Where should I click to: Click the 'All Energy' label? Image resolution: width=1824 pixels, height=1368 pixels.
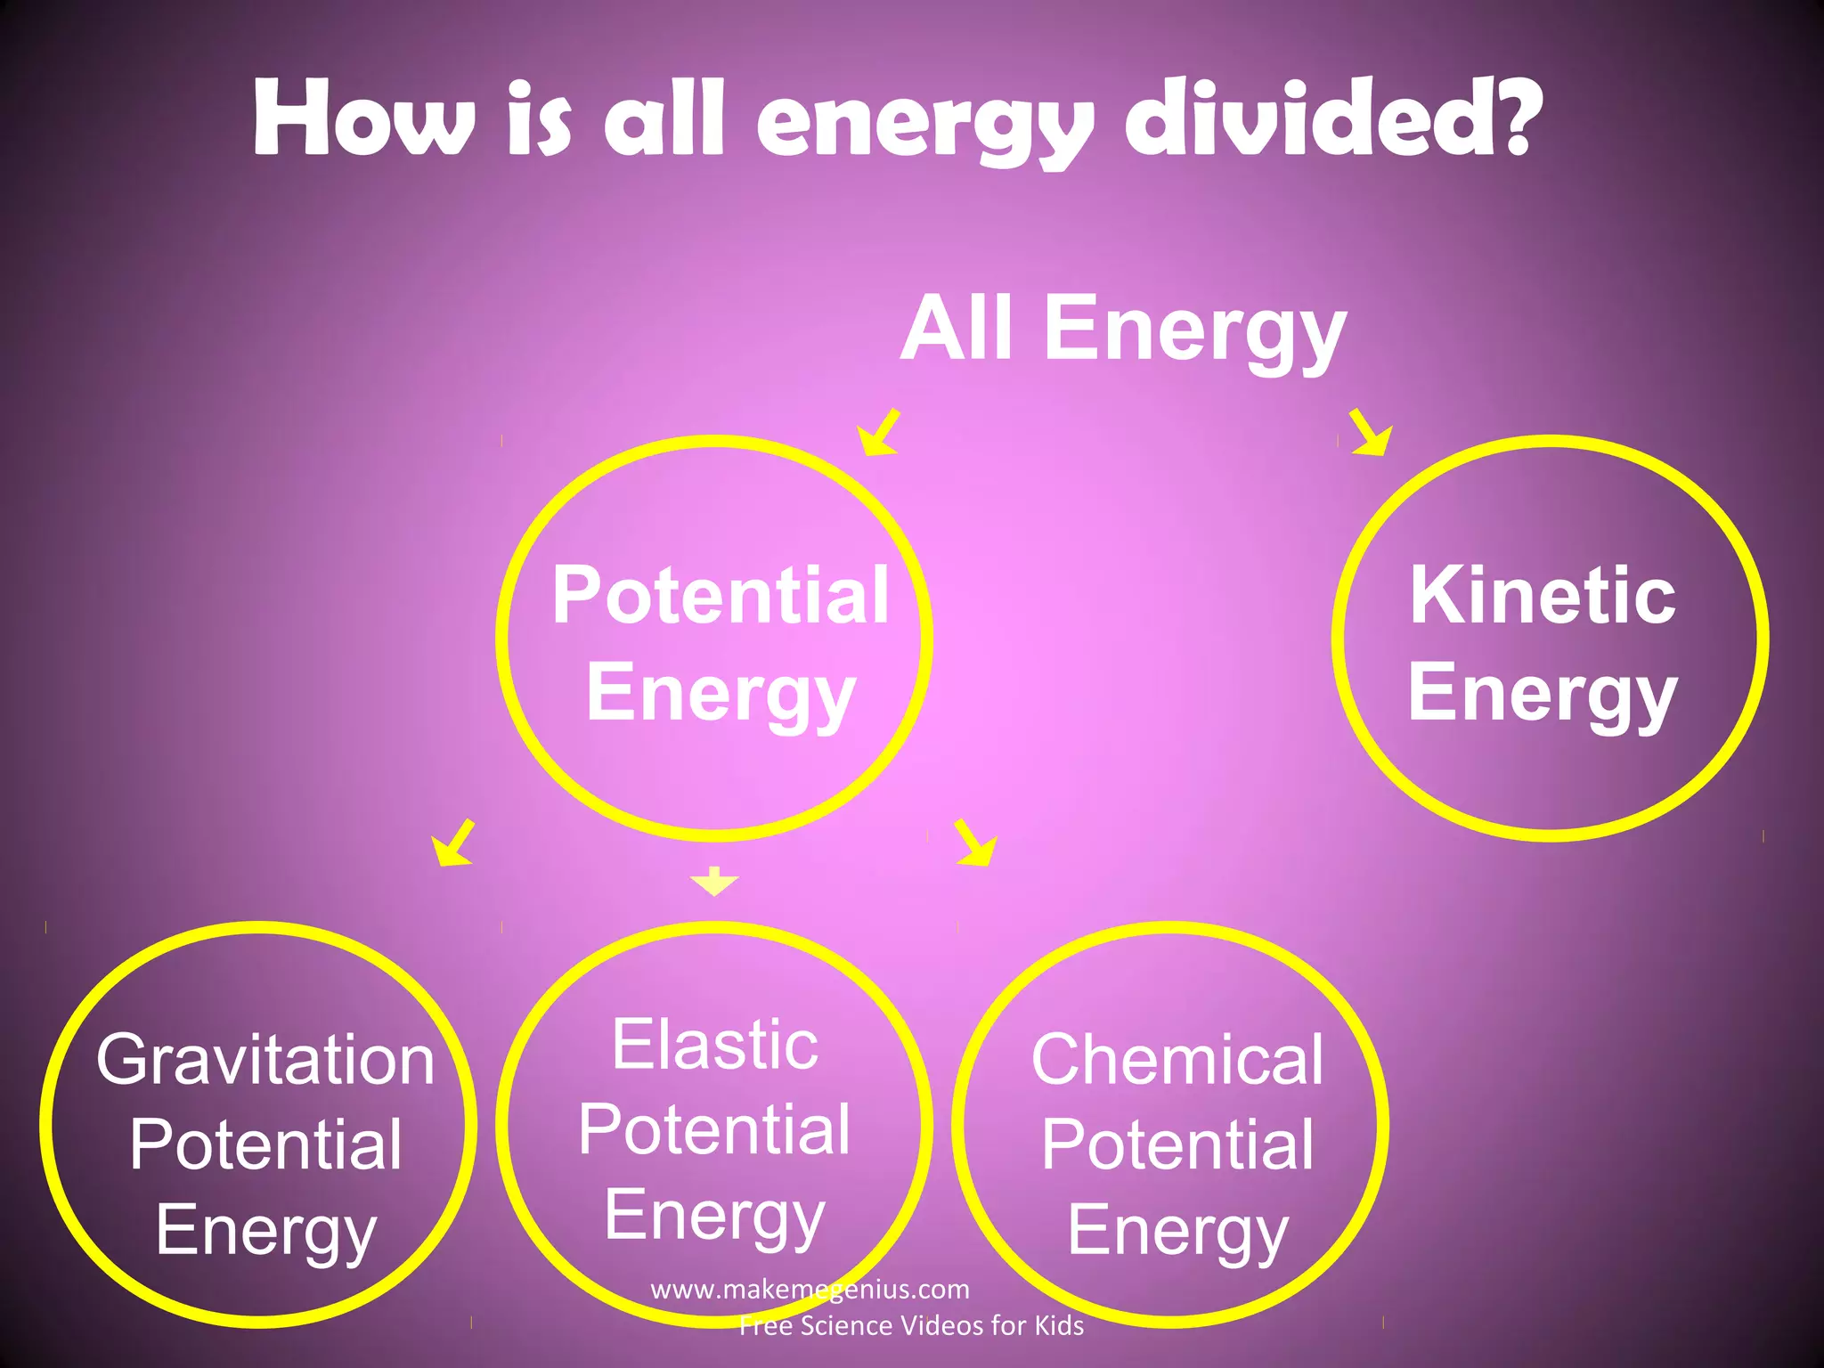tap(1123, 330)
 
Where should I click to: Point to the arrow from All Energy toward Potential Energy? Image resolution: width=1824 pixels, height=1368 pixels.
tap(879, 433)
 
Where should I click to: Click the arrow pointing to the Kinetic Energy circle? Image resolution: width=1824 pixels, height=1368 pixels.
tap(1371, 433)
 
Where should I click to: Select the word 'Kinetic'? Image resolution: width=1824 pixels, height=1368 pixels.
tap(1543, 595)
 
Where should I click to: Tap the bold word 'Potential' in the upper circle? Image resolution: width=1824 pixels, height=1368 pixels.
tap(720, 595)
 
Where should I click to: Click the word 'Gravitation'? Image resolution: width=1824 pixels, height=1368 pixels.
tap(265, 1060)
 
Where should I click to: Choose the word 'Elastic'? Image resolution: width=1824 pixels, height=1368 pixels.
tap(714, 1045)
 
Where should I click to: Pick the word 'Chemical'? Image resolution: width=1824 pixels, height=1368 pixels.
tap(1177, 1060)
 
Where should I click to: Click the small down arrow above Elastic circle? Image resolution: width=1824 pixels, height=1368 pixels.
tap(714, 881)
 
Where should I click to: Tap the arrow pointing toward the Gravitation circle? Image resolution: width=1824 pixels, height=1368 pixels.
tap(453, 843)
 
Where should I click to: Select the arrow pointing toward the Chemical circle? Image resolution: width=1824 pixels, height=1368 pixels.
tap(974, 843)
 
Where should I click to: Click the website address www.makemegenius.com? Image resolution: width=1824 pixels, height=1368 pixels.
tap(810, 1289)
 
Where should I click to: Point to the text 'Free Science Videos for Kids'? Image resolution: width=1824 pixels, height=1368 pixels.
tap(911, 1326)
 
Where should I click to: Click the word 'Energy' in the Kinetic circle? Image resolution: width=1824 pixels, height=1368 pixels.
tap(1543, 693)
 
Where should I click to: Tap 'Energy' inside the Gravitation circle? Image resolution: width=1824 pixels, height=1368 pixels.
tap(265, 1230)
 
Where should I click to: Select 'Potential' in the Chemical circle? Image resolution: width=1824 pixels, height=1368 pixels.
tap(1177, 1144)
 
